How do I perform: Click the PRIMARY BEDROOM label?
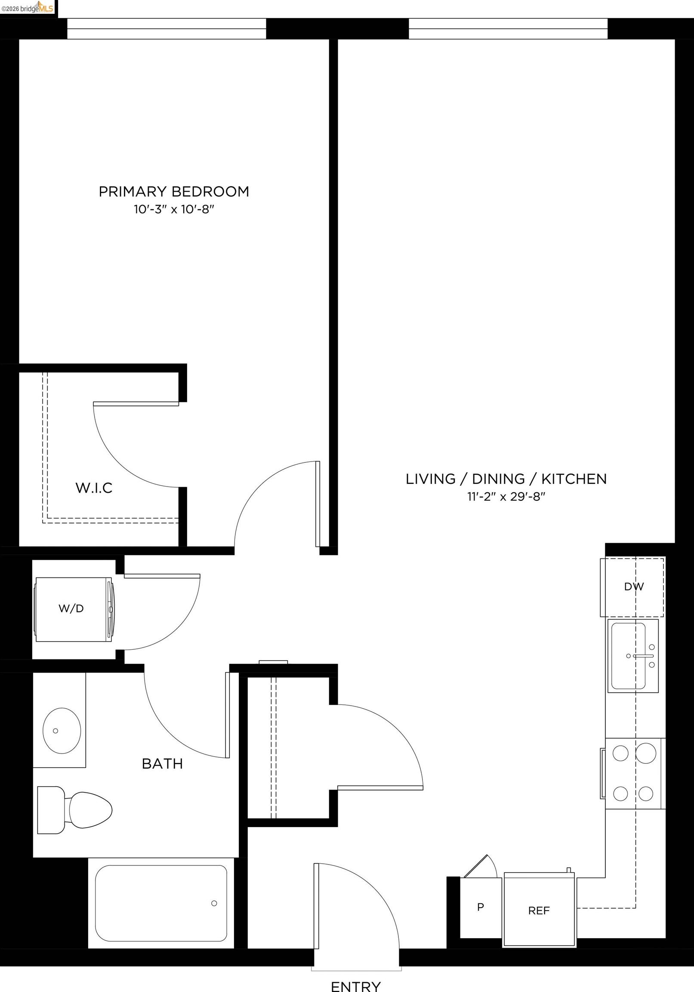pos(174,192)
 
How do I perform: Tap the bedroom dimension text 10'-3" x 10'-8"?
pos(174,210)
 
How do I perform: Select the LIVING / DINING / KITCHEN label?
pos(506,479)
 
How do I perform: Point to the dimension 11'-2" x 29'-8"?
pos(506,497)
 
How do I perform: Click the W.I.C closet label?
pos(94,488)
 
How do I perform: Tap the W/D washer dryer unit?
pos(72,609)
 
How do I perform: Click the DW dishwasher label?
pos(633,587)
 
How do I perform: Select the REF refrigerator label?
pos(539,911)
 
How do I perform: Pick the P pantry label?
pos(480,907)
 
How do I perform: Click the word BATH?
pos(162,764)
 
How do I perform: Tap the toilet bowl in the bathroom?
pos(89,810)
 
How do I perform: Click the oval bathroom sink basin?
pos(62,731)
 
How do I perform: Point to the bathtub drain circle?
pos(214,903)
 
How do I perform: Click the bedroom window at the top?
pos(166,28)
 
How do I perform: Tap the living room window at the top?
pos(508,28)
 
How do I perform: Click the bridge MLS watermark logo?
pos(28,7)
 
